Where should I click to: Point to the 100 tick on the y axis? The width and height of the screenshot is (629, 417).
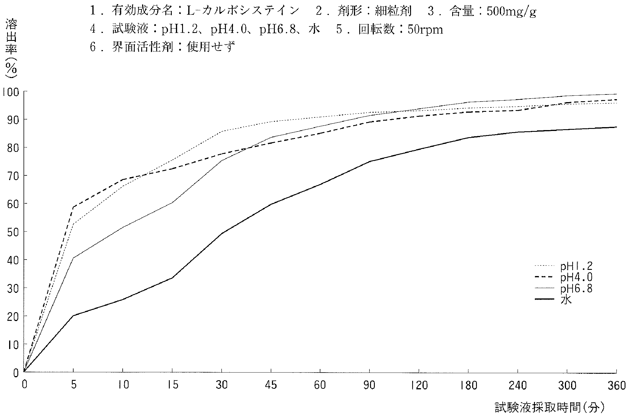click(10, 92)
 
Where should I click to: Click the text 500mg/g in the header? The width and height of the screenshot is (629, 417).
click(511, 12)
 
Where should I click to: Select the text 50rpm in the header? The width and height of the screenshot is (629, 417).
click(425, 29)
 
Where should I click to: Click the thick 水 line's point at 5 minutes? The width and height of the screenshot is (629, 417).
click(73, 316)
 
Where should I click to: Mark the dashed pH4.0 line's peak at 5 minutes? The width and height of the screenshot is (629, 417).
click(73, 207)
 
